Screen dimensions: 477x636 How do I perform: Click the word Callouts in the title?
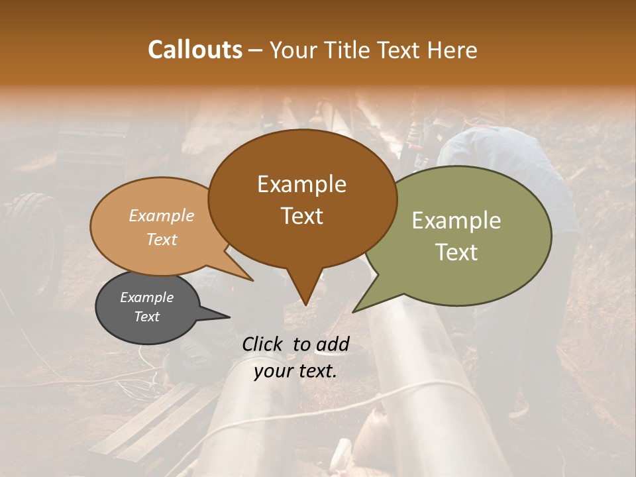coord(195,50)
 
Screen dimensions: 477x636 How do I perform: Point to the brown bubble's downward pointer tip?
coord(305,304)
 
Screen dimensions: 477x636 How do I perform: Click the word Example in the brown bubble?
coord(301,184)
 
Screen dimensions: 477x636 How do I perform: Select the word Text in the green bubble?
coord(456,252)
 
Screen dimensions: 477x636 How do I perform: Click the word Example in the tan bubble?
coord(161,215)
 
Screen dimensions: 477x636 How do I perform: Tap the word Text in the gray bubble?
coord(146,317)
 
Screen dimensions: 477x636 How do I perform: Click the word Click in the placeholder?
coord(263,344)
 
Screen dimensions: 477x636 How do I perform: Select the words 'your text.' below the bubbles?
coord(295,371)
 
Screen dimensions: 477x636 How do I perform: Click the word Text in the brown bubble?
coord(301,216)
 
